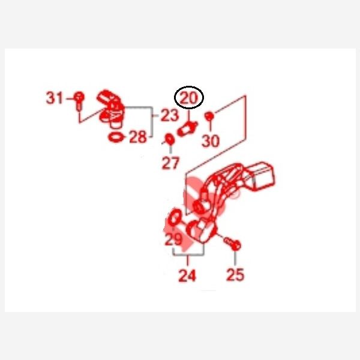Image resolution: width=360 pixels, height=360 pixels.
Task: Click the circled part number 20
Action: (189, 98)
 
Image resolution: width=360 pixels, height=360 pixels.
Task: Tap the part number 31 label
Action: (55, 98)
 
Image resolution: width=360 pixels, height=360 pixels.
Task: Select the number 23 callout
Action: (169, 115)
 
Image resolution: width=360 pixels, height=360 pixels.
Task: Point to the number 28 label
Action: (138, 137)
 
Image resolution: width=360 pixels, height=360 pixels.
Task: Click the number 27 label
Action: (170, 163)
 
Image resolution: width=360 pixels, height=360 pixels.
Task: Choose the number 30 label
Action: (211, 141)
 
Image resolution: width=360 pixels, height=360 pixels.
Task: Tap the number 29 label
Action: (173, 239)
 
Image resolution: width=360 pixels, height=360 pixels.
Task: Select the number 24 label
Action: (187, 275)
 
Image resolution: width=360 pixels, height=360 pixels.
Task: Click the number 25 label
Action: (235, 275)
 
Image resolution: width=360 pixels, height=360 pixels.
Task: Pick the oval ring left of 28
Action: (116, 137)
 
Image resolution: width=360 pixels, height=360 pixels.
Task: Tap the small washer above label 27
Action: (170, 139)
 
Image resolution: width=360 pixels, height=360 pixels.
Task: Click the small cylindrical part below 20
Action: (187, 129)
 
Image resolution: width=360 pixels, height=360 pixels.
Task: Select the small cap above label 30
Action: (209, 116)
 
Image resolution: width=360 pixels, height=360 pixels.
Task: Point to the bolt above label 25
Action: (232, 244)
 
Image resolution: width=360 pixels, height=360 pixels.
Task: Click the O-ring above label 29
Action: (175, 217)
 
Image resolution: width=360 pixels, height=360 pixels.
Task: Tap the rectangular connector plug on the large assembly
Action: (262, 176)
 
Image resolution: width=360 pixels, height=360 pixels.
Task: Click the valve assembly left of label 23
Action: (110, 109)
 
